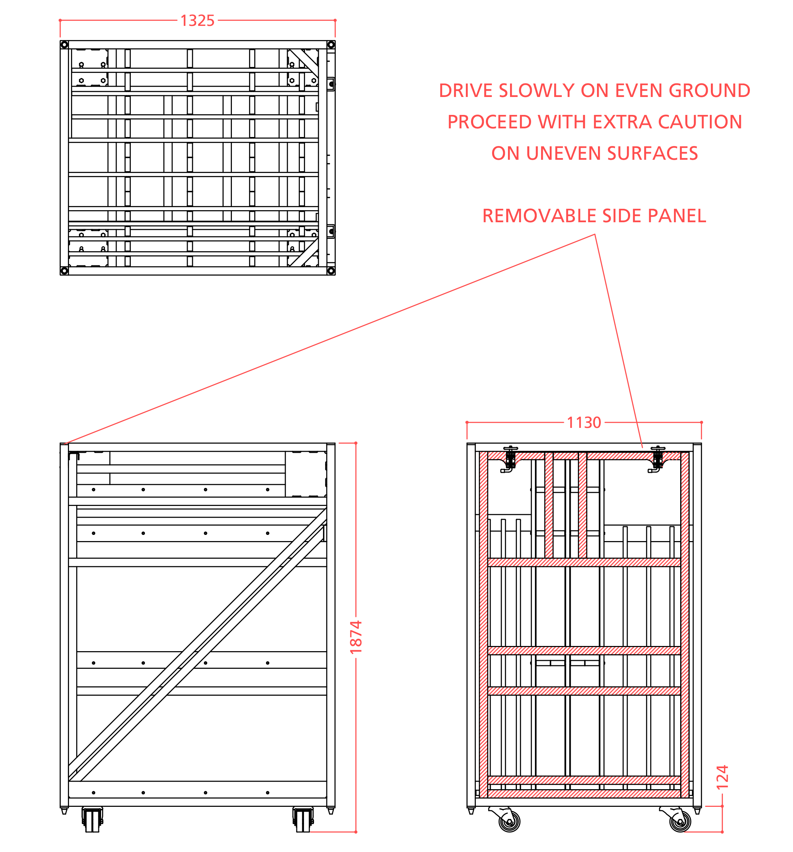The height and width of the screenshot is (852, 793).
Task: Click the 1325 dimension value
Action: (x=197, y=21)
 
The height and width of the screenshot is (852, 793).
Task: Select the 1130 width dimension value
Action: (x=584, y=423)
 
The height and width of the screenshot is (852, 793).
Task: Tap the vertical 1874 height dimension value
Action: (x=356, y=637)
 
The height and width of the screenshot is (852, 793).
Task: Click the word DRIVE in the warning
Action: (x=465, y=91)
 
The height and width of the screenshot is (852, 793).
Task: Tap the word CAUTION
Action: (x=700, y=122)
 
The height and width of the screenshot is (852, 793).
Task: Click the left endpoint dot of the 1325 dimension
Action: (x=60, y=20)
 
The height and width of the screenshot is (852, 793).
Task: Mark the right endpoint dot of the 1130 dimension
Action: (x=701, y=423)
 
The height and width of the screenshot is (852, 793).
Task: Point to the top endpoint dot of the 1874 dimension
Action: (x=356, y=443)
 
